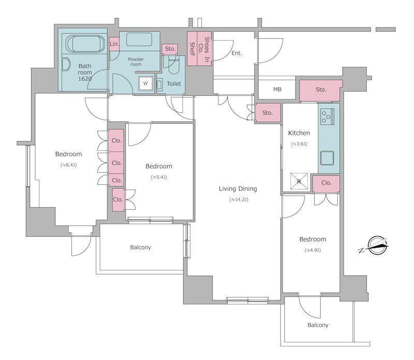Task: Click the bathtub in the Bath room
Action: pos(84,44)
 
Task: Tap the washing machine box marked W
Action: pos(145,83)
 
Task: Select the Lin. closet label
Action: pos(114,44)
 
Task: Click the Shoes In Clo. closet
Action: pos(204,49)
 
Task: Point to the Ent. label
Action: pos(236,53)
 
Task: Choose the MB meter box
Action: pos(277,89)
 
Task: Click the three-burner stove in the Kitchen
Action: pos(327,117)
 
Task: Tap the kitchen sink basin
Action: pos(327,158)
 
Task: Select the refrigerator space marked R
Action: pos(299,181)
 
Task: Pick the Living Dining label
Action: pos(238,189)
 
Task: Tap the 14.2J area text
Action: pos(239,199)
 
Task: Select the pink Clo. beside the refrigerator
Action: pos(327,183)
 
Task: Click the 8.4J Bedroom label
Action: pos(69,154)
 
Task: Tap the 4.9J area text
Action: pos(313,250)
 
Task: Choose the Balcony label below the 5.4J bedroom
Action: pos(140,248)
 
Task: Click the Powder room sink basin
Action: pos(139,39)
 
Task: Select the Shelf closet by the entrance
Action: pos(192,49)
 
